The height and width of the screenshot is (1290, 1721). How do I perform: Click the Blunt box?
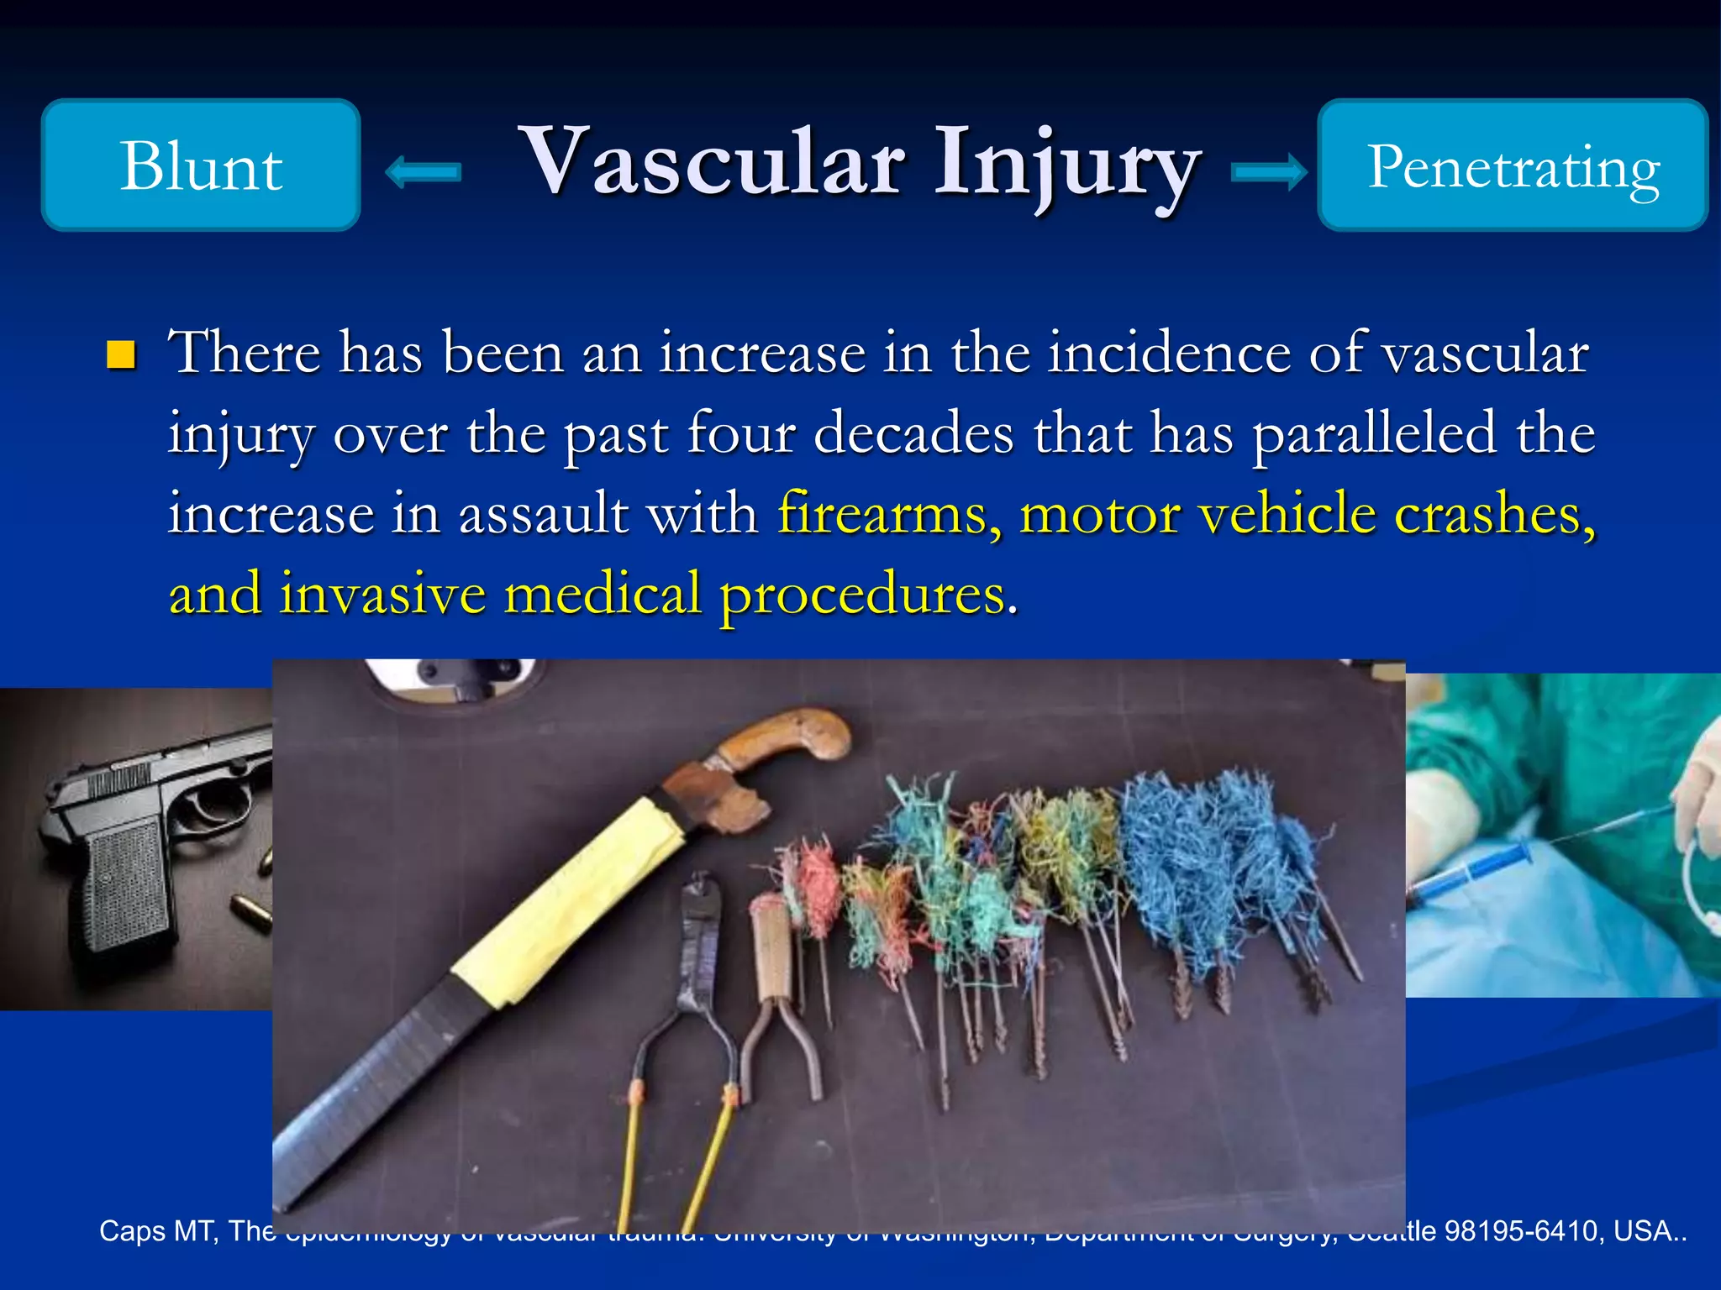pyautogui.click(x=201, y=165)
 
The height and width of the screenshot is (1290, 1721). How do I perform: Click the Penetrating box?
pyautogui.click(x=1512, y=165)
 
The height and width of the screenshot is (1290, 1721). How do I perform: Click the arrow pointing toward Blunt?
pyautogui.click(x=423, y=172)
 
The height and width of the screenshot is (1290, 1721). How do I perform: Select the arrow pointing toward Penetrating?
pyautogui.click(x=1269, y=172)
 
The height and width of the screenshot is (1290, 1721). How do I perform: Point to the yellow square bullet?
pyautogui.click(x=122, y=355)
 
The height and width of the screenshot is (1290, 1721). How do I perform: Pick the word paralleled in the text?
pyautogui.click(x=1374, y=433)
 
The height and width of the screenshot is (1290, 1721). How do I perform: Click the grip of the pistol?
pyautogui.click(x=126, y=882)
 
